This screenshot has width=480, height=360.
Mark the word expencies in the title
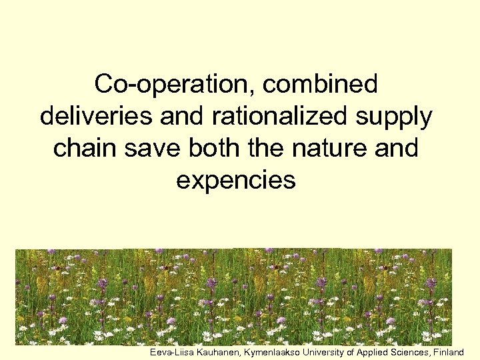pyautogui.click(x=235, y=180)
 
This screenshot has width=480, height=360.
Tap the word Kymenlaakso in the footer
pyautogui.click(x=271, y=351)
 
